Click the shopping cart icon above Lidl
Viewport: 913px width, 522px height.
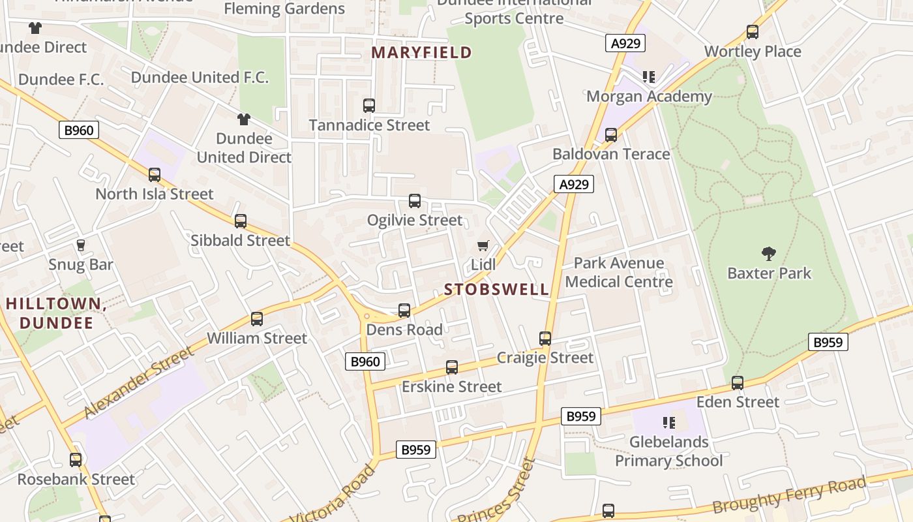pos(483,246)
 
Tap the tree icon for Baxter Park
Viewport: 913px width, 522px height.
pos(769,254)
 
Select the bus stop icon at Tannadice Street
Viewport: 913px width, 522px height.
pos(369,105)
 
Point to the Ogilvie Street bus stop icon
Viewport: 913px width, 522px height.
pos(415,201)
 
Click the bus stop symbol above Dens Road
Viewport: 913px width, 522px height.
pos(404,311)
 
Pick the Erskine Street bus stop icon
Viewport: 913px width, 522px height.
pos(452,367)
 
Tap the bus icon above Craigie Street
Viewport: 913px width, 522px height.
pos(545,339)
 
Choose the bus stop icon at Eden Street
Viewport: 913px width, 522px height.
pos(738,383)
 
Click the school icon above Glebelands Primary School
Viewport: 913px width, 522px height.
pos(668,423)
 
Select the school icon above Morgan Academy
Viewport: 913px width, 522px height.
pos(648,78)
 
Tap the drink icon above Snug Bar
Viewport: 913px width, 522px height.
pos(81,245)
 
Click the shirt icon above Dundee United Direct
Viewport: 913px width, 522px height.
pos(244,119)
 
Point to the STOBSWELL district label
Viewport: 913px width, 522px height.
pos(497,290)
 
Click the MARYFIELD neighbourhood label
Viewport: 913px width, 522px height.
pos(422,53)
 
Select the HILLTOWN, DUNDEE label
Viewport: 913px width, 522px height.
pos(56,313)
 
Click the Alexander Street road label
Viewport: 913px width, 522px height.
pos(139,383)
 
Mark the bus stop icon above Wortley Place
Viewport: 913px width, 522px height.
pos(753,32)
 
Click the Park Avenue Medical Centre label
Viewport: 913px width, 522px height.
pos(618,273)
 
